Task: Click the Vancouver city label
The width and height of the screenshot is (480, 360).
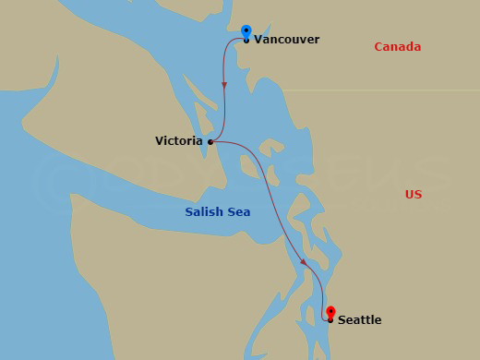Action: click(286, 40)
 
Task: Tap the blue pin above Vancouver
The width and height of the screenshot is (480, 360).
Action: click(246, 32)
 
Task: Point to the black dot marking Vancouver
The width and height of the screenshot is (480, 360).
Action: click(246, 41)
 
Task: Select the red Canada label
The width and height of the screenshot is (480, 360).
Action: click(397, 47)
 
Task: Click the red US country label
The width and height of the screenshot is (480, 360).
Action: click(413, 194)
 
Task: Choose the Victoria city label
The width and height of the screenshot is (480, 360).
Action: click(179, 141)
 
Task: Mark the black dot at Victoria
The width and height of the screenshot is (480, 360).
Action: click(211, 142)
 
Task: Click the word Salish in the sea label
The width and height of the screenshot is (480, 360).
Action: click(205, 212)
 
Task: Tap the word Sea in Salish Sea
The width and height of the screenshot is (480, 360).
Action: click(238, 212)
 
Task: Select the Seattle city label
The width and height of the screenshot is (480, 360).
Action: click(359, 320)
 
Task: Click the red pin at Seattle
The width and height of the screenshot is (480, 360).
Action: click(330, 313)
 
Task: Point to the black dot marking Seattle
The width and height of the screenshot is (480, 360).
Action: click(330, 320)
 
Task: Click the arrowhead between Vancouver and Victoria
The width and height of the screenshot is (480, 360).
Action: click(224, 86)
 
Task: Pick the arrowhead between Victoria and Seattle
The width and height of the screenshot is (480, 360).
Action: click(304, 262)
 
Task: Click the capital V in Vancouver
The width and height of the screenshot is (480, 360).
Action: click(258, 40)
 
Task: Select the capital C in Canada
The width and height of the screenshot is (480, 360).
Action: click(378, 47)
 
